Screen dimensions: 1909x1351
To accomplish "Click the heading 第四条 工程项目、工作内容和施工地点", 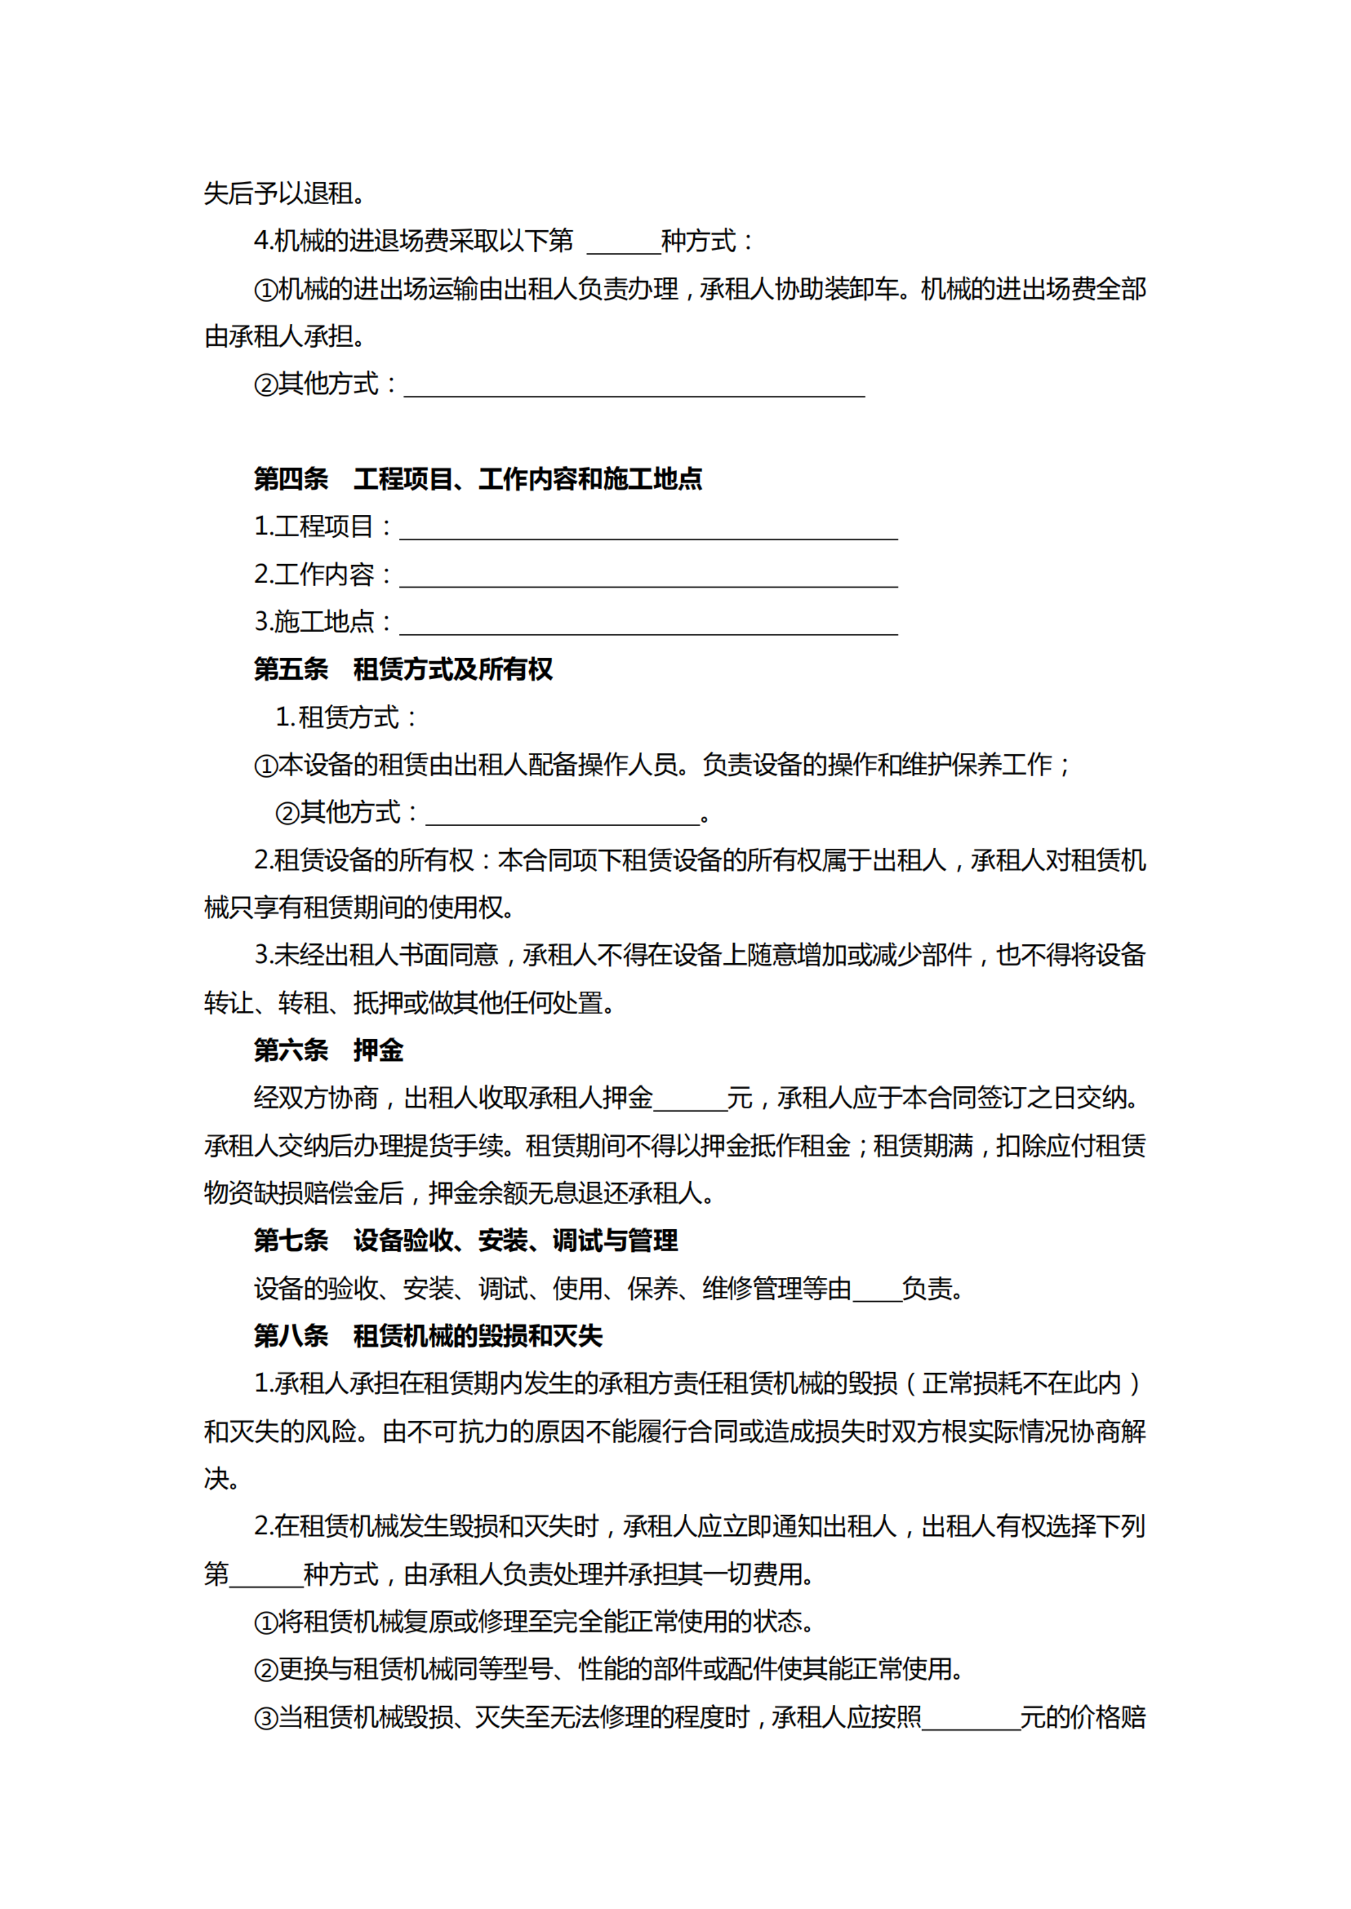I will click(478, 479).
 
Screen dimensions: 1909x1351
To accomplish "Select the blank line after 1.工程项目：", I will click(648, 529).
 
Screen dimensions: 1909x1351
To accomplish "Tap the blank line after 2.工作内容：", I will click(648, 577).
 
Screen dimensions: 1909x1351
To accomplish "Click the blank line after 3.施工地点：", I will click(648, 624).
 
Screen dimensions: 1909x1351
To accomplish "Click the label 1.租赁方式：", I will click(346, 717).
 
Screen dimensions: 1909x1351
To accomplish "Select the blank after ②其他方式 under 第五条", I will click(562, 814).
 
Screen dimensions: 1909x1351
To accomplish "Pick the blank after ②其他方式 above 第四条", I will click(634, 386).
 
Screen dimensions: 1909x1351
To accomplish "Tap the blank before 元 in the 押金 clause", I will click(690, 1100).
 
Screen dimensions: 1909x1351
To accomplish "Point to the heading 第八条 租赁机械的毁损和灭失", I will click(428, 1336).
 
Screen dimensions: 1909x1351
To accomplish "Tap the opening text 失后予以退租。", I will click(284, 193).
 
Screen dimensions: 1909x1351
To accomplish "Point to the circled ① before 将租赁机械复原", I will click(265, 1623).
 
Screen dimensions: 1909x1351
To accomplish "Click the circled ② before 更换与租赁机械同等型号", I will click(265, 1670).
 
